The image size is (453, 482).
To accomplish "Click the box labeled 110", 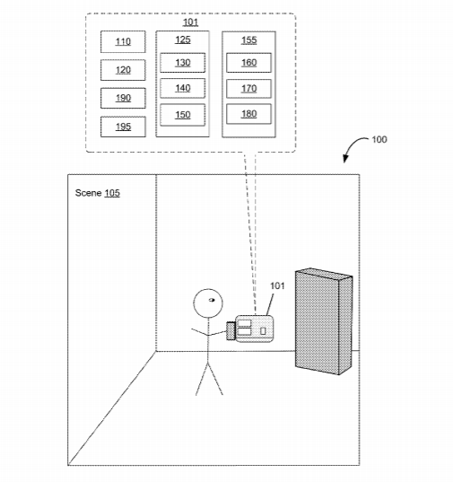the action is tap(123, 41).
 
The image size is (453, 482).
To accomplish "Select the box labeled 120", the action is tap(123, 70).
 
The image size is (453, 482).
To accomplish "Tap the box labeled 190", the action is tap(123, 98).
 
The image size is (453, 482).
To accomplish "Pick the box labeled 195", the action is tap(123, 127).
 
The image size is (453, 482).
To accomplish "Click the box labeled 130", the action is tap(182, 63).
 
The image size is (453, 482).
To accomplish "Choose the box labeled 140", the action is tap(182, 88).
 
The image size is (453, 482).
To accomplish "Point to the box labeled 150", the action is tap(182, 115).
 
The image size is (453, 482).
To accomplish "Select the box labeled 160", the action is tap(248, 63).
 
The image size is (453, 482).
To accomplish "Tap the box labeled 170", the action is tap(248, 89).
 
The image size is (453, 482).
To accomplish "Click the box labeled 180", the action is tap(248, 114).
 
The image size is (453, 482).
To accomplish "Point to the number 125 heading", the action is tap(183, 39).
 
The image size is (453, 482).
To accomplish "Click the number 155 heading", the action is tap(248, 40).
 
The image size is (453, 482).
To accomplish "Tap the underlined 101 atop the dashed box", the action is tap(190, 22).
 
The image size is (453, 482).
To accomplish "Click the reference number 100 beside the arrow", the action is tap(379, 139).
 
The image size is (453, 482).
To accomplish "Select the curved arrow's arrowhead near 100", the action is tap(345, 159).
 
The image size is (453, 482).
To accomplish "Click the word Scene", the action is tap(88, 193).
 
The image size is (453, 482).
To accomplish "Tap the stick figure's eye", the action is tap(212, 300).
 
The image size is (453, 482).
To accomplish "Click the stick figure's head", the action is tap(208, 303).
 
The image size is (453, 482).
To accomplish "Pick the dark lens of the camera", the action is tap(231, 331).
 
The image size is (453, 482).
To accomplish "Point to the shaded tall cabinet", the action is tap(324, 321).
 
